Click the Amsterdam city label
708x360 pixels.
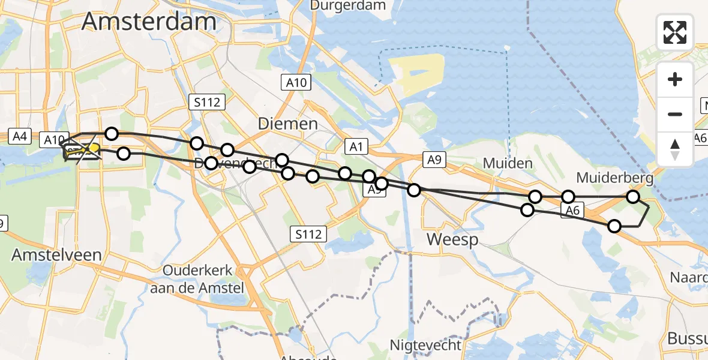coord(149,22)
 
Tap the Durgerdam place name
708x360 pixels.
coord(339,5)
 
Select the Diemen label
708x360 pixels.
coord(287,124)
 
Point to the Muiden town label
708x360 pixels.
coord(508,163)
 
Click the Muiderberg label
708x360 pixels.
coord(614,178)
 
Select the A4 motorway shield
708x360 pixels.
coord(20,136)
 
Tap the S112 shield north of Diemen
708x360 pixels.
coord(206,103)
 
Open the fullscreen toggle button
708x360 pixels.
coord(675,32)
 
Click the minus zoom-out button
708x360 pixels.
coord(675,114)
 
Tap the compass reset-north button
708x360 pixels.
coord(675,149)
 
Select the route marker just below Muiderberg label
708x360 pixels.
coord(632,197)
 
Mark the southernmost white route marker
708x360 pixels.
coord(614,226)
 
